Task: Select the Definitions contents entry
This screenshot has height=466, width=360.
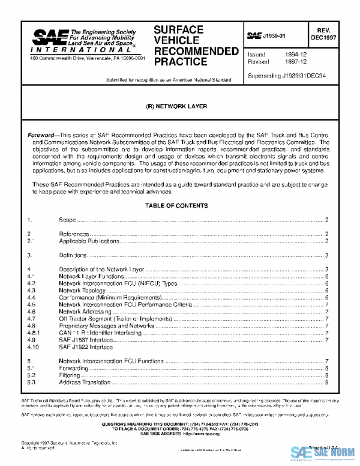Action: coord(72,255)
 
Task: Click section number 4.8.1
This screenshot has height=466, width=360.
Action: coord(34,333)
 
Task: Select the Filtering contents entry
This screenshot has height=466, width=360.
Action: coord(70,375)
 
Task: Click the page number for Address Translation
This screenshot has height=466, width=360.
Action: coord(326,382)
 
